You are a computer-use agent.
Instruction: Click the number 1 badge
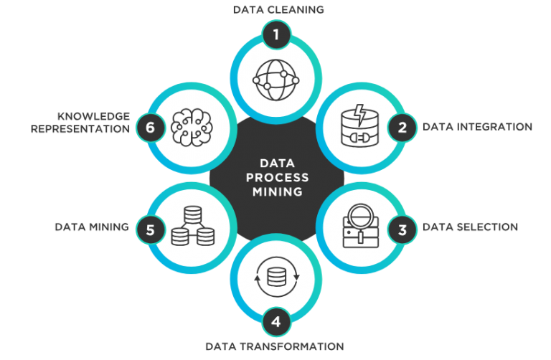pos(276,34)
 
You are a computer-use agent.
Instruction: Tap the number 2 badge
pos(402,127)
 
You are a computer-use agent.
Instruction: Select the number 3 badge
pos(402,230)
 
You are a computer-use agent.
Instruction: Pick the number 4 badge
pos(276,322)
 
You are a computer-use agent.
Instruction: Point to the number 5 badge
pos(151,230)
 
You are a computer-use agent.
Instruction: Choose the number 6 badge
pos(151,127)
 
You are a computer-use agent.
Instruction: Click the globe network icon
pos(275,80)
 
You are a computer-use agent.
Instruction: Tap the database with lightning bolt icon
pos(360,125)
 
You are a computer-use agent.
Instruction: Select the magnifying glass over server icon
pos(361,226)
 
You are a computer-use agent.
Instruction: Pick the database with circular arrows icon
pos(276,277)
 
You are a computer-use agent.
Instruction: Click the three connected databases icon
pos(193,226)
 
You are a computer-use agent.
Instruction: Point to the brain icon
pos(192,127)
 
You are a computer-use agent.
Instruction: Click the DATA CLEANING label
pos(278,9)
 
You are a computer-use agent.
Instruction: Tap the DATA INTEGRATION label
pos(477,127)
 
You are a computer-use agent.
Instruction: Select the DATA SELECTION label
pos(470,227)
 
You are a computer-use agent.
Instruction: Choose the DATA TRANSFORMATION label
pos(275,346)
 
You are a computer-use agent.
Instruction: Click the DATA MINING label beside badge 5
pos(92,227)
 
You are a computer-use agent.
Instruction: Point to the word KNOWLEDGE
pos(94,116)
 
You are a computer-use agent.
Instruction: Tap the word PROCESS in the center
pos(277,178)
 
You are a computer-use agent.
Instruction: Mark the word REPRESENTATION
pos(80,129)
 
